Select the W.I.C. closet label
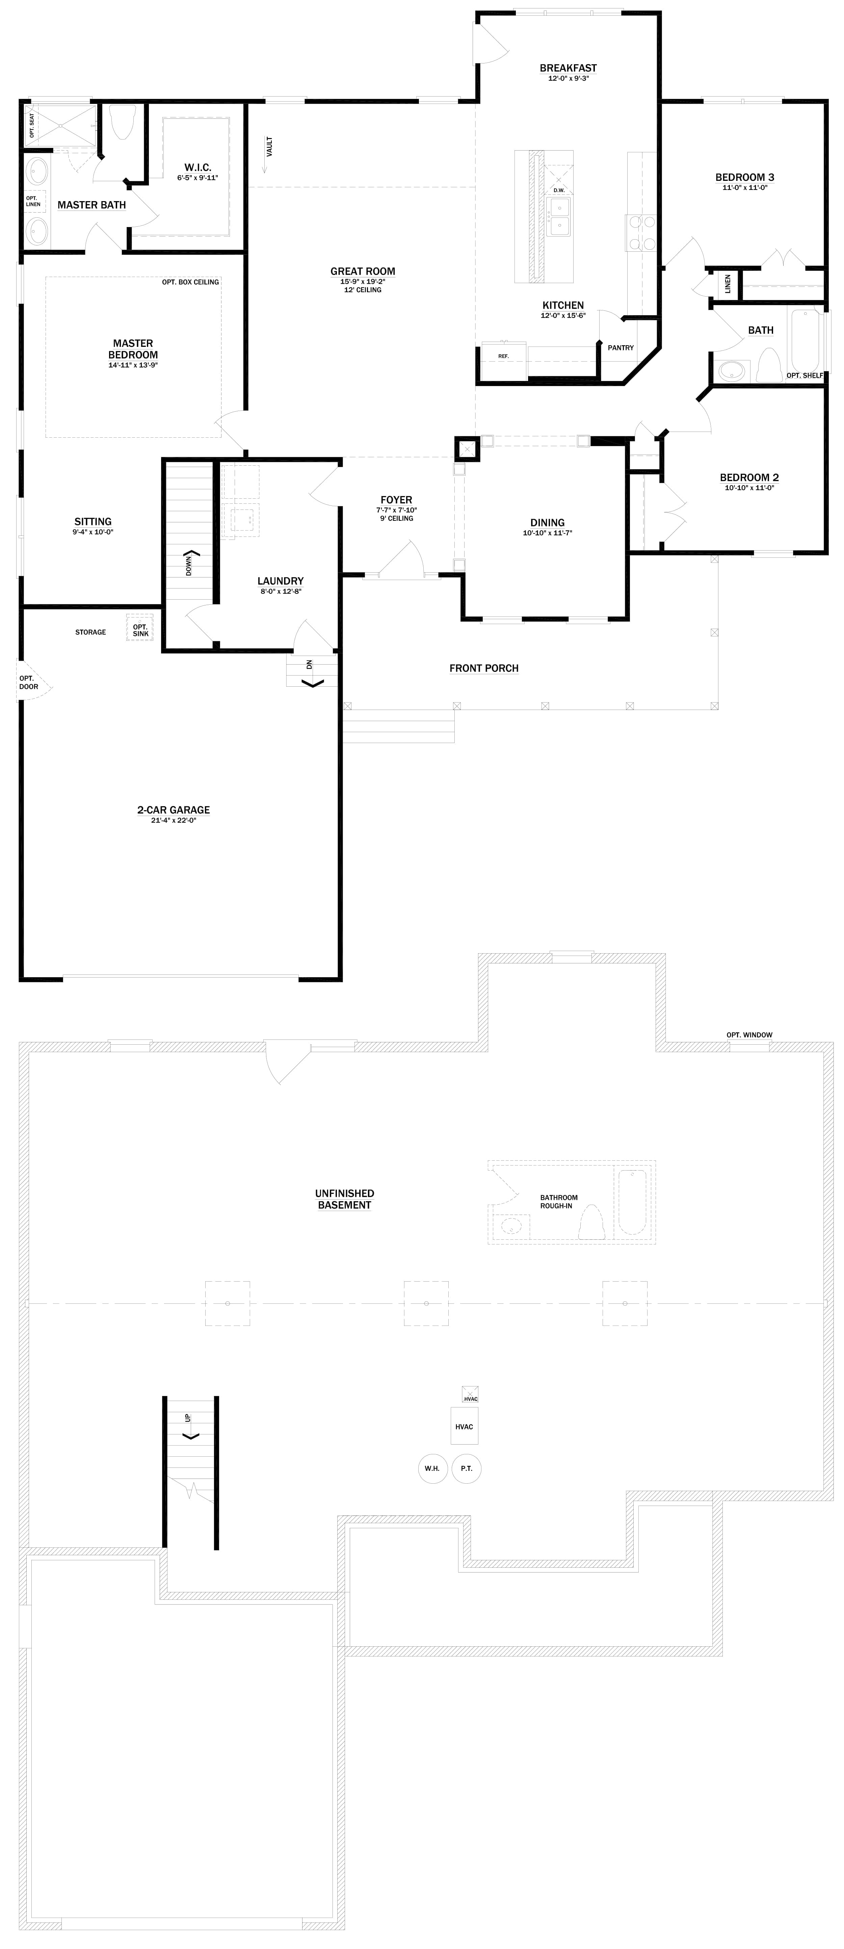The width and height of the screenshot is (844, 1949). tap(197, 167)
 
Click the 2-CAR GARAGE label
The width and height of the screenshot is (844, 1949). tap(173, 809)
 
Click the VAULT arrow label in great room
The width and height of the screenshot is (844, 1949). tap(269, 146)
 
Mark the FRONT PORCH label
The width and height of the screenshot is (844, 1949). tap(484, 668)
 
